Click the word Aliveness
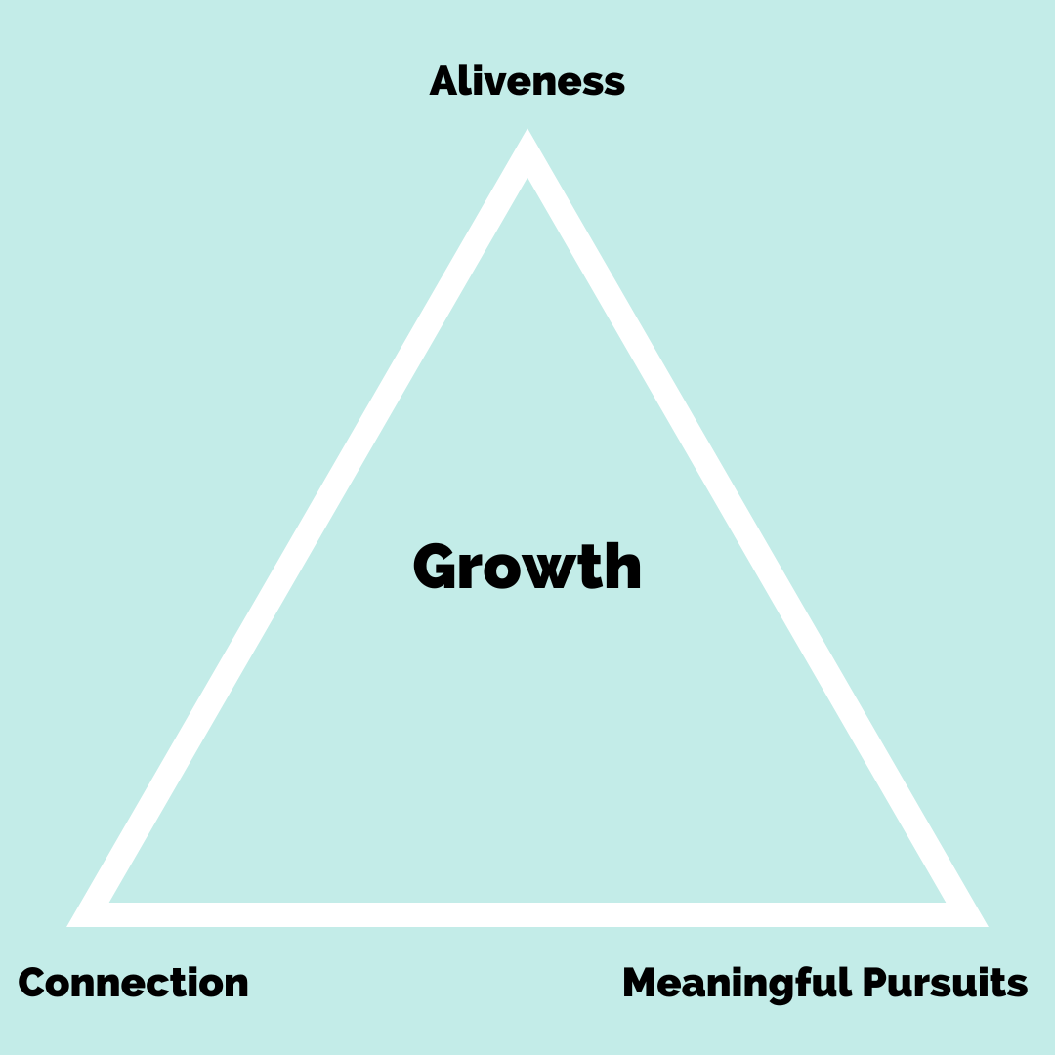[x=527, y=81]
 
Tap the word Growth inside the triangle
[x=527, y=568]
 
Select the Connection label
[x=134, y=983]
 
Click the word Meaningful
[x=738, y=983]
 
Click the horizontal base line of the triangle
[x=527, y=914]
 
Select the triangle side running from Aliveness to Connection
[x=303, y=527]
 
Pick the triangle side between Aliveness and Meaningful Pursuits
[x=752, y=527]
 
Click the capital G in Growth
[x=437, y=568]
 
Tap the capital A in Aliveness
[x=445, y=81]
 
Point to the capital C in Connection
[x=34, y=983]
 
